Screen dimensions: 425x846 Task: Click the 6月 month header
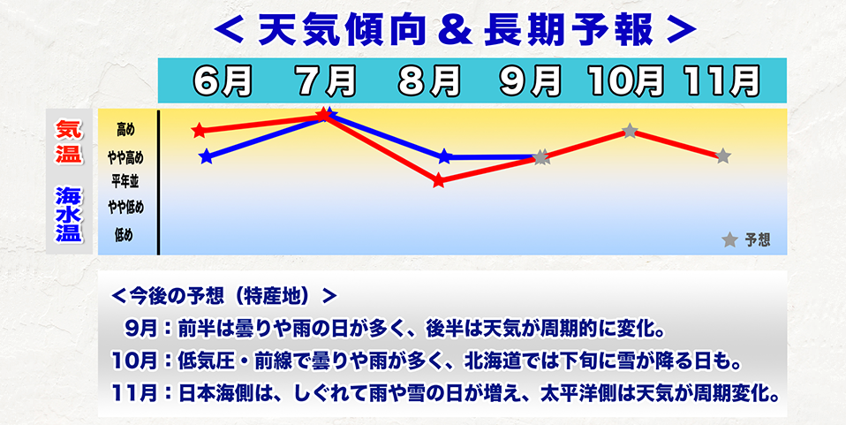(x=222, y=81)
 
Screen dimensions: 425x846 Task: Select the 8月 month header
(x=429, y=81)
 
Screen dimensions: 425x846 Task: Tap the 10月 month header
(x=627, y=81)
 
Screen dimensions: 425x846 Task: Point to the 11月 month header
(x=721, y=81)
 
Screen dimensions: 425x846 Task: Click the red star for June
(x=200, y=131)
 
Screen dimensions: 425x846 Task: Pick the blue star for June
(x=207, y=157)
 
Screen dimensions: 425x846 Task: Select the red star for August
(x=439, y=180)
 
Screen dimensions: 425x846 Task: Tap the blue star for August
(x=445, y=157)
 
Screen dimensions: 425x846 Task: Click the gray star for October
(x=630, y=131)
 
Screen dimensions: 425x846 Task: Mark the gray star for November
(x=722, y=156)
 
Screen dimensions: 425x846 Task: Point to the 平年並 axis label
(x=125, y=181)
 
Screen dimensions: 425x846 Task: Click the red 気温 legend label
(x=68, y=142)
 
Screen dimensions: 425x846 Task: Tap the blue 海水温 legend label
(x=68, y=213)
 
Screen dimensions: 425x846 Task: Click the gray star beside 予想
(x=729, y=239)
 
